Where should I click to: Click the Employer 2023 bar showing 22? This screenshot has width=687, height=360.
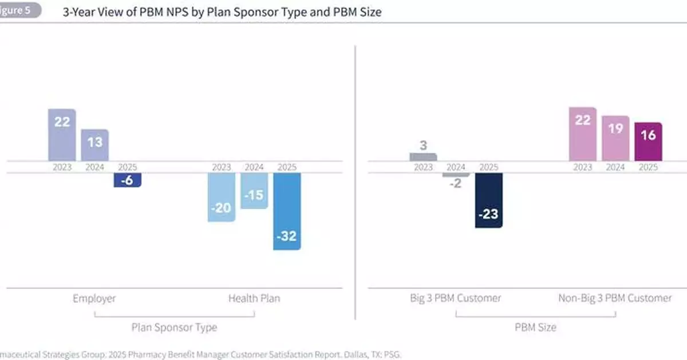point(62,135)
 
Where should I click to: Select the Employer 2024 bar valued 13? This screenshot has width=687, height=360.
point(94,145)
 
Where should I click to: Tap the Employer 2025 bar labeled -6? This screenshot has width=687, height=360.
point(127,180)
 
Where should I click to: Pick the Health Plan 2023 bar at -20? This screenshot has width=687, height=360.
point(221,197)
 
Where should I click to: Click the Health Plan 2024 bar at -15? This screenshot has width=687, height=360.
point(254,191)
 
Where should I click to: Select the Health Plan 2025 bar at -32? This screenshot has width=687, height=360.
point(287,211)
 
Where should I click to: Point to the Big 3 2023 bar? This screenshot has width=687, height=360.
point(423,157)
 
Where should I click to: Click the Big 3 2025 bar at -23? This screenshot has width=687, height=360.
point(488,200)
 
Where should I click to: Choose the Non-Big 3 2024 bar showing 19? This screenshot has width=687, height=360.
point(615,139)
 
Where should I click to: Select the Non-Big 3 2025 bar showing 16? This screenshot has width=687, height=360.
point(648,141)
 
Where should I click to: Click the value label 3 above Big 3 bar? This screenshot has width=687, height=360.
point(423,145)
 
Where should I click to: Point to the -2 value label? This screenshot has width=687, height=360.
point(456,184)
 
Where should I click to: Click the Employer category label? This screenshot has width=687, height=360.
point(94,298)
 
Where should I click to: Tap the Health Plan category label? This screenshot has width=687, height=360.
point(254,298)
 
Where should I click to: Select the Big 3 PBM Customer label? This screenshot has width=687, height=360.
point(456,298)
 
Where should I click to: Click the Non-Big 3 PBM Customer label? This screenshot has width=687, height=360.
point(615,298)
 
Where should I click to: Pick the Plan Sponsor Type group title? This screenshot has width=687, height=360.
point(174,328)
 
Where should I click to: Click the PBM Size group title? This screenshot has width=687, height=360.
point(535,328)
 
